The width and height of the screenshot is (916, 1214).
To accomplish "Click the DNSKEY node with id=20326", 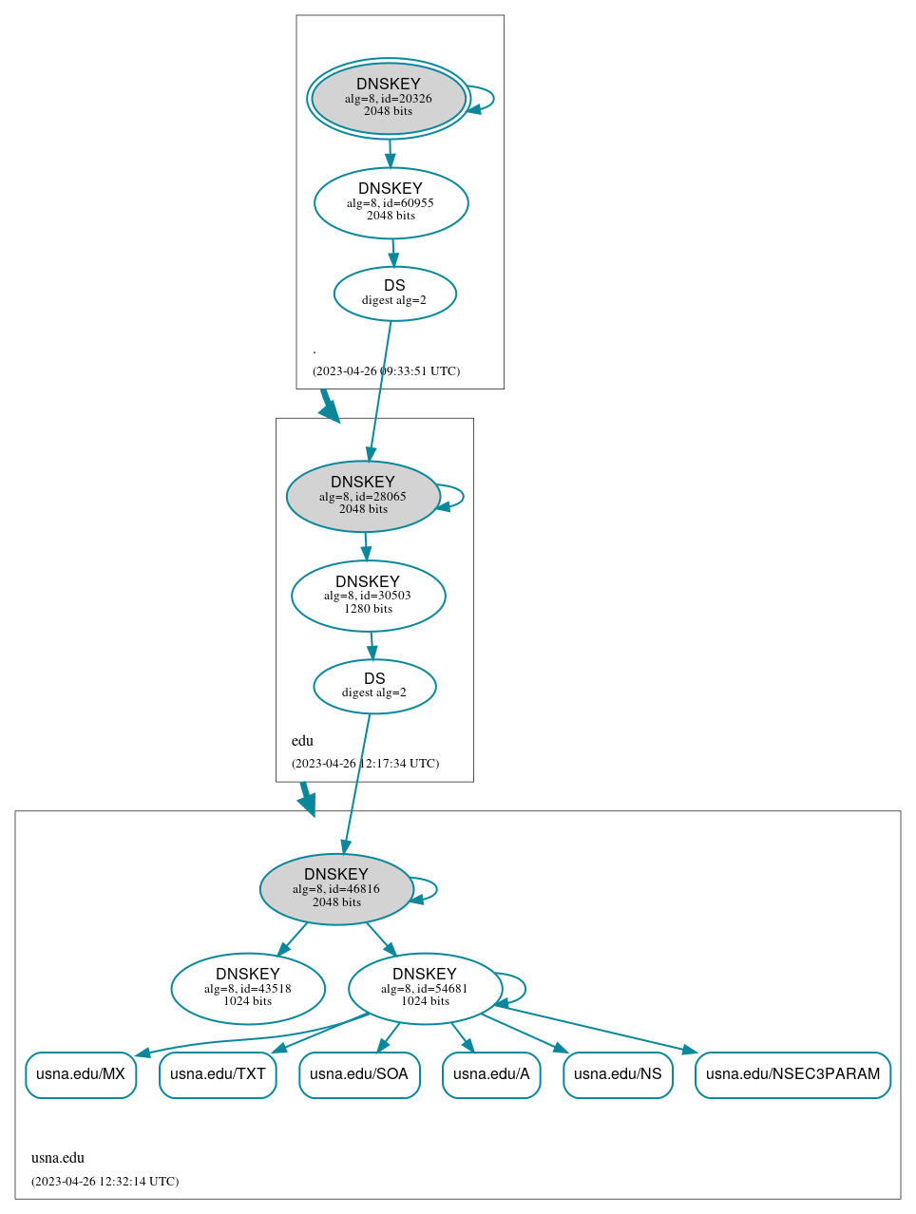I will (389, 98).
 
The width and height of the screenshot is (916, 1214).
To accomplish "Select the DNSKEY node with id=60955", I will (391, 202).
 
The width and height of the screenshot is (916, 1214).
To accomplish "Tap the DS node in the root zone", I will (394, 294).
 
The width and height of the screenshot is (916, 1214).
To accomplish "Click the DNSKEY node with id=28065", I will (363, 496).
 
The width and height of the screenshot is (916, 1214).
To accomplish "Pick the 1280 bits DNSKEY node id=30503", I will (368, 596).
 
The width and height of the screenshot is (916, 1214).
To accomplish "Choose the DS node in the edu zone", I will (374, 686).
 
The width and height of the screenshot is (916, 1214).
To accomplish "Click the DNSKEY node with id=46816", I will (336, 889).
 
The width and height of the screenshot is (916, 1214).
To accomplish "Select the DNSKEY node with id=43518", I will (248, 988).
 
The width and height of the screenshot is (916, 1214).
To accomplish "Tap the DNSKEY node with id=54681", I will (425, 988).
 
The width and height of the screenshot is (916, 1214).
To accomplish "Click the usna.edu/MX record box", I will (81, 1074).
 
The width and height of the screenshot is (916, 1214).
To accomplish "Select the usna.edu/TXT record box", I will (218, 1074).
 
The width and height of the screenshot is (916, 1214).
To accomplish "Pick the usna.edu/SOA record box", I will (359, 1074).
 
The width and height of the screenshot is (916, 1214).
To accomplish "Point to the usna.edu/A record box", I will (491, 1074).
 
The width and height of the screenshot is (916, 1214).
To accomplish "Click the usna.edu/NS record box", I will (618, 1074).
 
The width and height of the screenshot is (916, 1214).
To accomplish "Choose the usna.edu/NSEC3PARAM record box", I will (792, 1074).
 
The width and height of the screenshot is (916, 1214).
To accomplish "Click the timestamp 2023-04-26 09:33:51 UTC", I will (386, 371).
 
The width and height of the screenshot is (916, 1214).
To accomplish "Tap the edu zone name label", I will (302, 741).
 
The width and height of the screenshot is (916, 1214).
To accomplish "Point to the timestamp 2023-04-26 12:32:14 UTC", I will (105, 1182).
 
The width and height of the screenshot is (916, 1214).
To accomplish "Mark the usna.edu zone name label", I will (58, 1158).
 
